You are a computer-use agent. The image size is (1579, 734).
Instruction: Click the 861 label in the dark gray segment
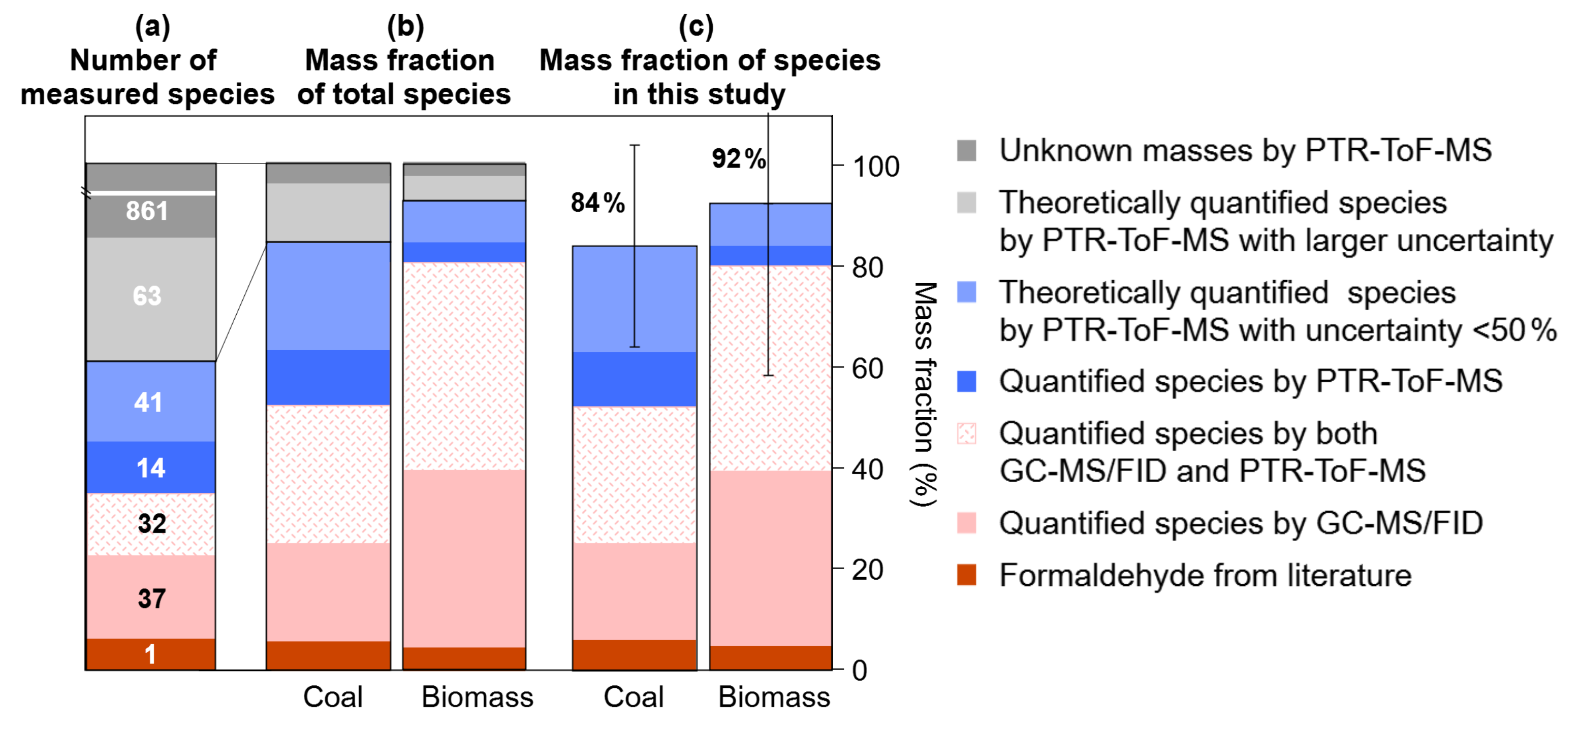coord(147,211)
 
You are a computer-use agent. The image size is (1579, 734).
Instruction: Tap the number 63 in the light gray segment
coord(147,296)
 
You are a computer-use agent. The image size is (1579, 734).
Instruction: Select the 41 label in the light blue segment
coord(148,403)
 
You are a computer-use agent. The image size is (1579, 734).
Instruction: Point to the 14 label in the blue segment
coord(150,468)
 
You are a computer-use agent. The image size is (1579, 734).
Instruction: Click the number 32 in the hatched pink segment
coord(152,524)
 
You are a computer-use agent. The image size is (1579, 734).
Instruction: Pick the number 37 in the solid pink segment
coord(152,598)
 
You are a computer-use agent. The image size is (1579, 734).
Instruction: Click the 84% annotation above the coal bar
coord(597,203)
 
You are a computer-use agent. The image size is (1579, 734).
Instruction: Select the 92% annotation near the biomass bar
coord(739,159)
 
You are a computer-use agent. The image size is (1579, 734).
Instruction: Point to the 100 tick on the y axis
coord(876,166)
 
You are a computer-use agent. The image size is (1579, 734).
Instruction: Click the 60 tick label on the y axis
coord(867,369)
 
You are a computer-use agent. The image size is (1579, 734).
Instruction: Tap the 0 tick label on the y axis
coord(860,671)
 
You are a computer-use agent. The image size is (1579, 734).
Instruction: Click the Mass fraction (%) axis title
coord(924,394)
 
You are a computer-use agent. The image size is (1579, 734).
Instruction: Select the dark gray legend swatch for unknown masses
coord(967,151)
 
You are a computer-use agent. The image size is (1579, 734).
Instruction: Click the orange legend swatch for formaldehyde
coord(967,575)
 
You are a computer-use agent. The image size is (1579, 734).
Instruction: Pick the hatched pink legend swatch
coord(967,434)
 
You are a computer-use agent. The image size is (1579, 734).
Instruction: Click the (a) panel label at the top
coord(152,26)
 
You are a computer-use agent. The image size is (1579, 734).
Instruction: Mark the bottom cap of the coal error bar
coord(635,347)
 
